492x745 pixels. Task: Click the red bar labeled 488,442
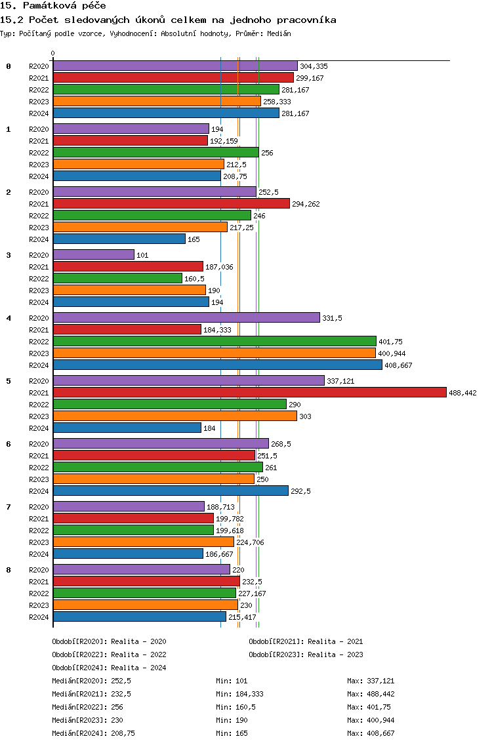click(250, 392)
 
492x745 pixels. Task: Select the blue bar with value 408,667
click(218, 365)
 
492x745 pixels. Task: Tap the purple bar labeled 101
click(94, 254)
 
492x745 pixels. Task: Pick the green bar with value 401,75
click(215, 341)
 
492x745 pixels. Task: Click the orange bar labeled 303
click(175, 416)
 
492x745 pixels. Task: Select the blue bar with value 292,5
click(171, 491)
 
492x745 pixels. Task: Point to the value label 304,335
click(314, 66)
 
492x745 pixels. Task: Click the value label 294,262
click(306, 205)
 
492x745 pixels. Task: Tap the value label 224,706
click(250, 542)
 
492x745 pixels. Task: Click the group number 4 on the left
click(9, 318)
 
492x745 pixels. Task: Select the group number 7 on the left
click(9, 507)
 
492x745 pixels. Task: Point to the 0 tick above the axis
click(52, 53)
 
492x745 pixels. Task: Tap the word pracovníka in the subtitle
click(306, 20)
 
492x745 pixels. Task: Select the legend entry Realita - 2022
click(138, 654)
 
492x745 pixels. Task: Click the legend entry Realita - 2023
click(335, 654)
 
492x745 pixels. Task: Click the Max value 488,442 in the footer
click(380, 694)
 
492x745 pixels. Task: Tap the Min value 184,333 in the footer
click(249, 694)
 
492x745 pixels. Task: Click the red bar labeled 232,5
click(146, 581)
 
